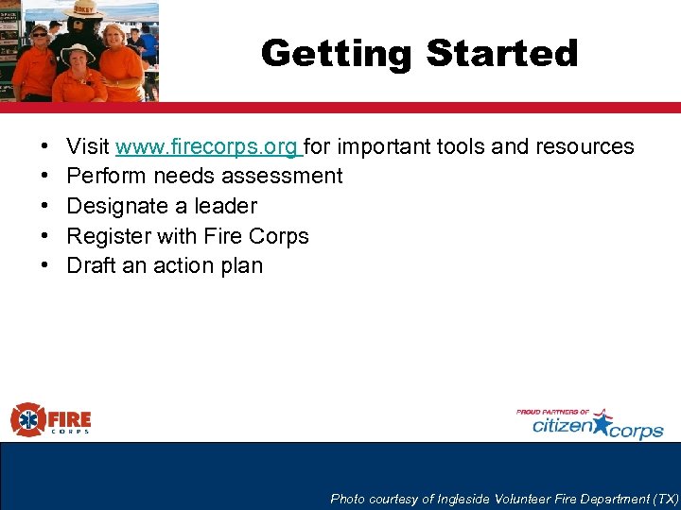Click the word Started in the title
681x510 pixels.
click(500, 53)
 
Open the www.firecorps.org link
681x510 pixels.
click(207, 146)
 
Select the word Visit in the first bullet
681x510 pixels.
click(88, 146)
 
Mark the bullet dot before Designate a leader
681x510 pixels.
click(44, 207)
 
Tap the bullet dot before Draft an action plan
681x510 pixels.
click(44, 266)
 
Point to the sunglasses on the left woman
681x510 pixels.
click(39, 33)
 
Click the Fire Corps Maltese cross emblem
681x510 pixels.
click(27, 419)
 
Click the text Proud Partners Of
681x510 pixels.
click(552, 412)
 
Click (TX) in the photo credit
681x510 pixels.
click(666, 499)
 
